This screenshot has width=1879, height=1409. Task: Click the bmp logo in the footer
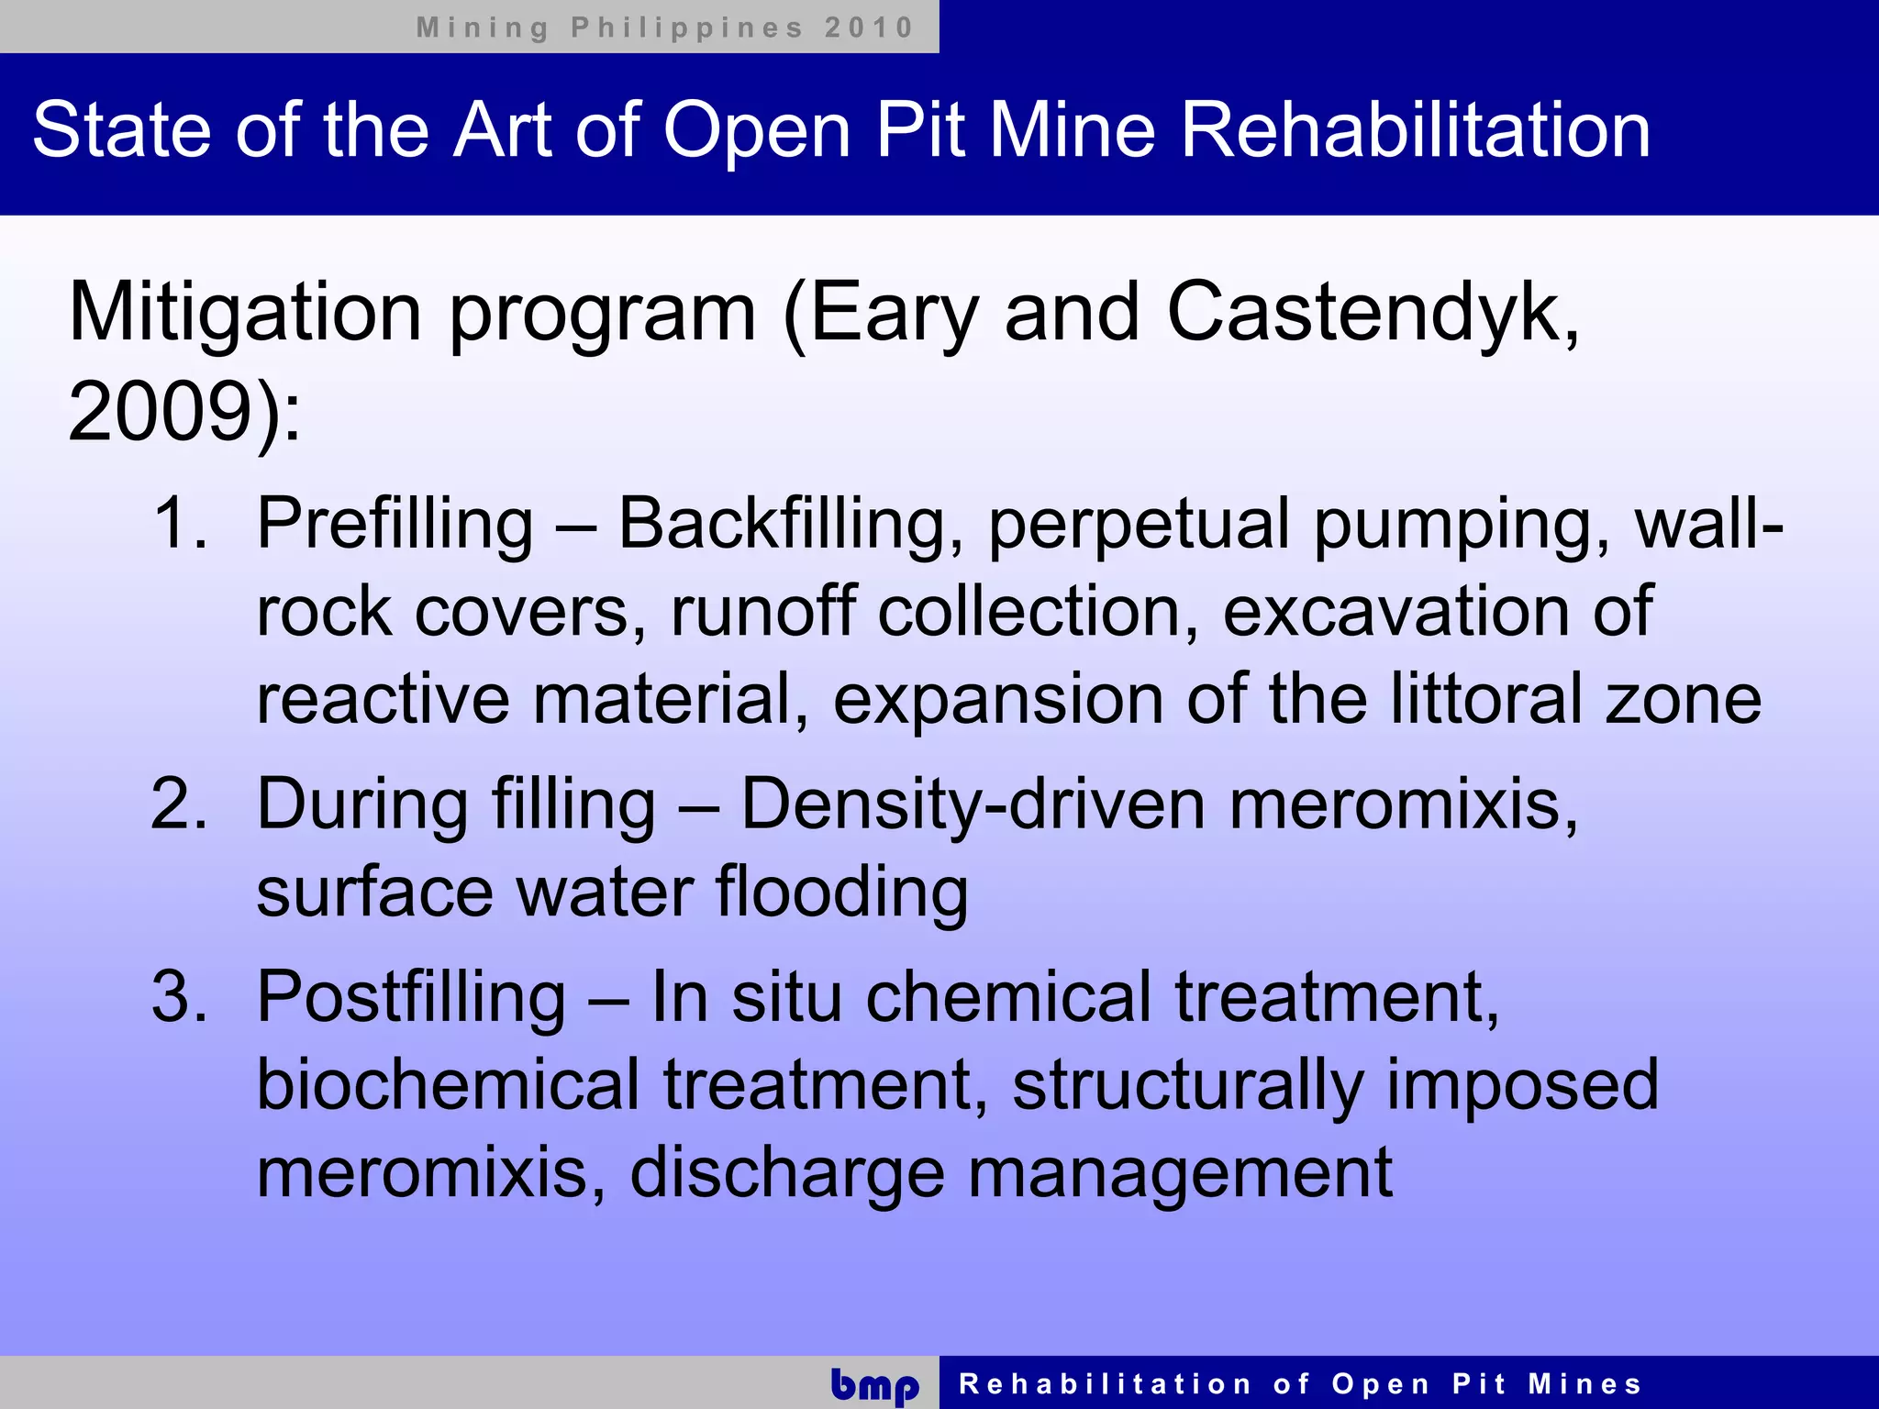click(874, 1384)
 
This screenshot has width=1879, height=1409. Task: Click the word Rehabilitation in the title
click(1415, 130)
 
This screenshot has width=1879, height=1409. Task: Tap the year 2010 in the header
click(868, 28)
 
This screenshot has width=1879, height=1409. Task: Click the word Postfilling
click(411, 998)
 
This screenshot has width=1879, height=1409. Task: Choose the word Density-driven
click(973, 804)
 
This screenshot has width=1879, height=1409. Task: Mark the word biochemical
click(448, 1084)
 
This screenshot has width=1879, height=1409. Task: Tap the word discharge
click(786, 1174)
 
